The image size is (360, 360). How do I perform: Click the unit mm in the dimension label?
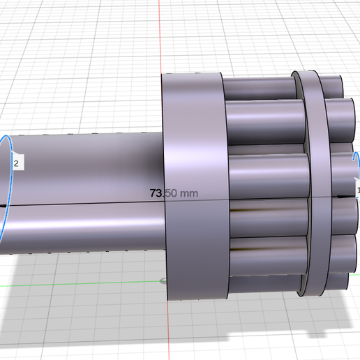coord(189,193)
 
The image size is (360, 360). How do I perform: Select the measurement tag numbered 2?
coord(17,161)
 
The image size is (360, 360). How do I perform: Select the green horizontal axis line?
coord(82,284)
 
